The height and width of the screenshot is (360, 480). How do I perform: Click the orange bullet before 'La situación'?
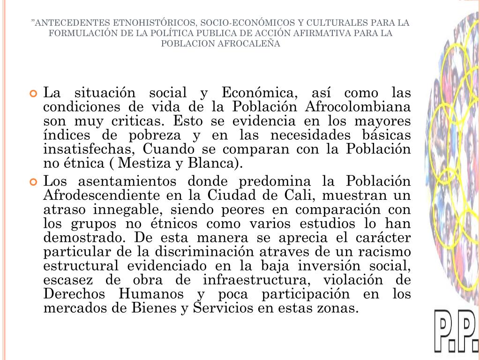click(x=33, y=93)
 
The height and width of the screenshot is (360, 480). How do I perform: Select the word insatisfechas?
click(x=90, y=150)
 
